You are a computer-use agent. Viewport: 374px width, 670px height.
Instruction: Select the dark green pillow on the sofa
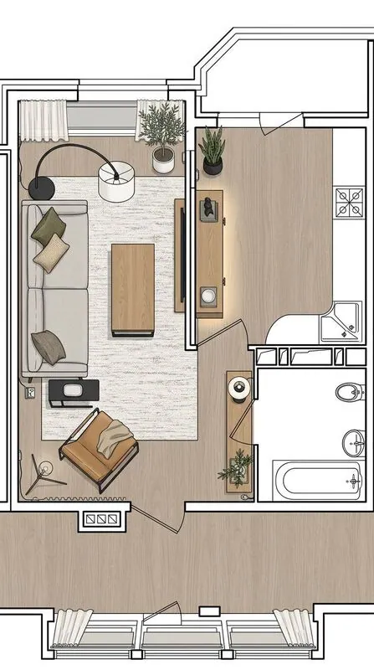pyautogui.click(x=48, y=224)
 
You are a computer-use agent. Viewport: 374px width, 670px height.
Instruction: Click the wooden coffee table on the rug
pyautogui.click(x=133, y=288)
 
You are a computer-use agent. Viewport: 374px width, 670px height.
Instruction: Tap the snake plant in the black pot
pyautogui.click(x=213, y=151)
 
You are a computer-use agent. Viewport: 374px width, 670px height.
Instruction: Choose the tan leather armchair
pyautogui.click(x=99, y=448)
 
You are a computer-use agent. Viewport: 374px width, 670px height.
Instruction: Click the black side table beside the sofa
pyautogui.click(x=74, y=392)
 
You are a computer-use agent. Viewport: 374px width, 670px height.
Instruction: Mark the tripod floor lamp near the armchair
pyautogui.click(x=40, y=474)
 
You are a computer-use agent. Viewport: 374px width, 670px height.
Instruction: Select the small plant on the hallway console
pyautogui.click(x=238, y=466)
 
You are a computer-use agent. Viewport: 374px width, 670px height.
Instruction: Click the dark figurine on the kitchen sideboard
pyautogui.click(x=207, y=206)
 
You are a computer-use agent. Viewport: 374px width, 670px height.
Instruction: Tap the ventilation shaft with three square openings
pyautogui.click(x=102, y=519)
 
